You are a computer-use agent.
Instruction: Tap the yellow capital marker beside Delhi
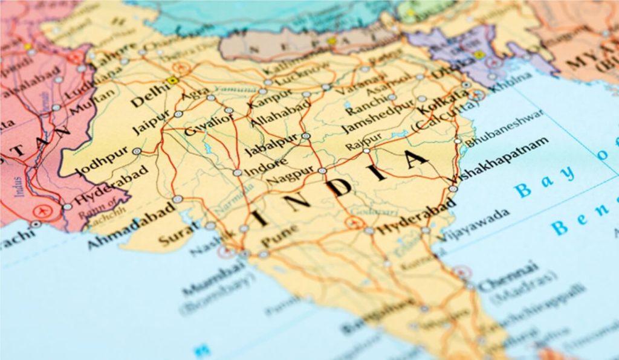tap(174, 80)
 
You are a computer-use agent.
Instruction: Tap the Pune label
tap(280, 235)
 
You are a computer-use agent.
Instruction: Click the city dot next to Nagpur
tap(323, 171)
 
